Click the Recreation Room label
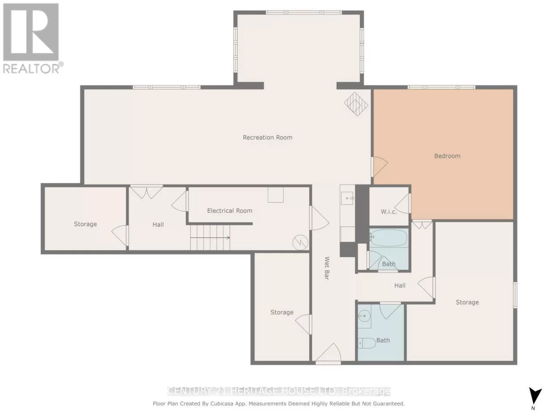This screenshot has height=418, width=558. coord(267,137)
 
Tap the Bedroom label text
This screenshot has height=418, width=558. coord(447,156)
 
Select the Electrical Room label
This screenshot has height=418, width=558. coord(230,211)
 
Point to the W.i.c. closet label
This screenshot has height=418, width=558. coord(389,212)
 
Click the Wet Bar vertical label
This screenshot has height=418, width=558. coord(327,268)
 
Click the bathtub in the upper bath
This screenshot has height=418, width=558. coord(388,238)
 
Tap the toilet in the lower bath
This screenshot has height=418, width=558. coord(367,344)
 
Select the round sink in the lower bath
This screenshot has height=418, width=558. coord(364,316)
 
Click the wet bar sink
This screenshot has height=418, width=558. coord(347,198)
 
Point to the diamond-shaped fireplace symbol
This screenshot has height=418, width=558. coord(356,104)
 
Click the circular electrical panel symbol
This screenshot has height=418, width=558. coord(300,243)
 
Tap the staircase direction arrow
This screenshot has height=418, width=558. coord(210,238)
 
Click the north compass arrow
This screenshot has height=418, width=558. coord(535,395)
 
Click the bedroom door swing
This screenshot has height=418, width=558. coord(379,167)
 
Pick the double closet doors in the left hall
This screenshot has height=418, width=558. coord(146,192)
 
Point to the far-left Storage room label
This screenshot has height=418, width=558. coord(85,224)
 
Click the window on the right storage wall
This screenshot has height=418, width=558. coord(515,295)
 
